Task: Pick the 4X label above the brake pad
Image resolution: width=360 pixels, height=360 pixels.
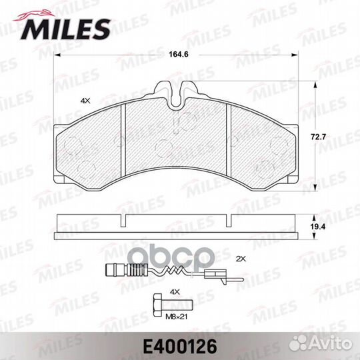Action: [x=85, y=100]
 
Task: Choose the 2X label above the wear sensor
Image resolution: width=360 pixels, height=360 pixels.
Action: [x=241, y=257]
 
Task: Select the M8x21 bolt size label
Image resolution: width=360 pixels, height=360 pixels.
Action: [x=175, y=317]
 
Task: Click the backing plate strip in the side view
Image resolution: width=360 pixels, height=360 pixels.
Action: [x=176, y=236]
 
